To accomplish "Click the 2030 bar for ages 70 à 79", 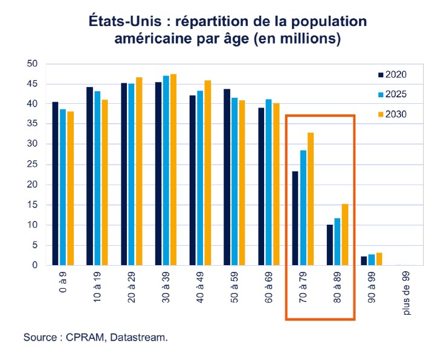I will pyautogui.click(x=311, y=199).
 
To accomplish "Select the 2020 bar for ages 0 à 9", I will pyautogui.click(x=55, y=184).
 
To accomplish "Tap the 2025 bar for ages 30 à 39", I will pyautogui.click(x=166, y=170).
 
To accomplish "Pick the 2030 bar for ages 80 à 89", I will pyautogui.click(x=344, y=234).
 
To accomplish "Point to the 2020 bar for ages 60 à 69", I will pyautogui.click(x=261, y=186).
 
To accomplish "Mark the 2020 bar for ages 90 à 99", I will pyautogui.click(x=364, y=260).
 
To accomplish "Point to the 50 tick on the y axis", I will pyautogui.click(x=33, y=64).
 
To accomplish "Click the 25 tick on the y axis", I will pyautogui.click(x=33, y=164).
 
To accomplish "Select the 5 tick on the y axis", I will pyautogui.click(x=35, y=245).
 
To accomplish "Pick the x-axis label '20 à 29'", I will pyautogui.click(x=132, y=286).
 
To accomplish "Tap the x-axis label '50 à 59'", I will pyautogui.click(x=234, y=286).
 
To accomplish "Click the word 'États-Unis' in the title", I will pyautogui.click(x=123, y=21).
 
